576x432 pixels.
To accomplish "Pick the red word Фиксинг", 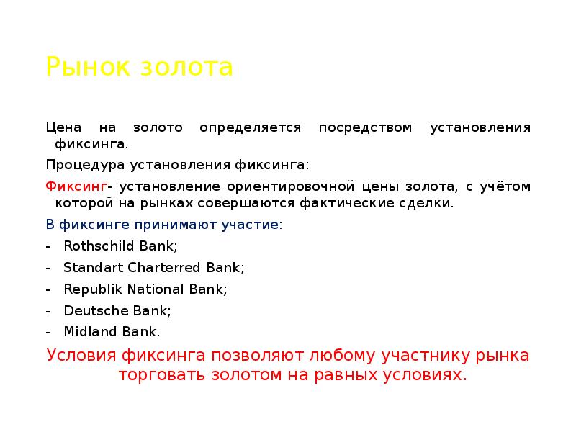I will (x=76, y=187).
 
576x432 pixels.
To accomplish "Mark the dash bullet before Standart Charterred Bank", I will (x=48, y=268).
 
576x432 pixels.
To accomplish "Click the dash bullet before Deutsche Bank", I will (x=48, y=311).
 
